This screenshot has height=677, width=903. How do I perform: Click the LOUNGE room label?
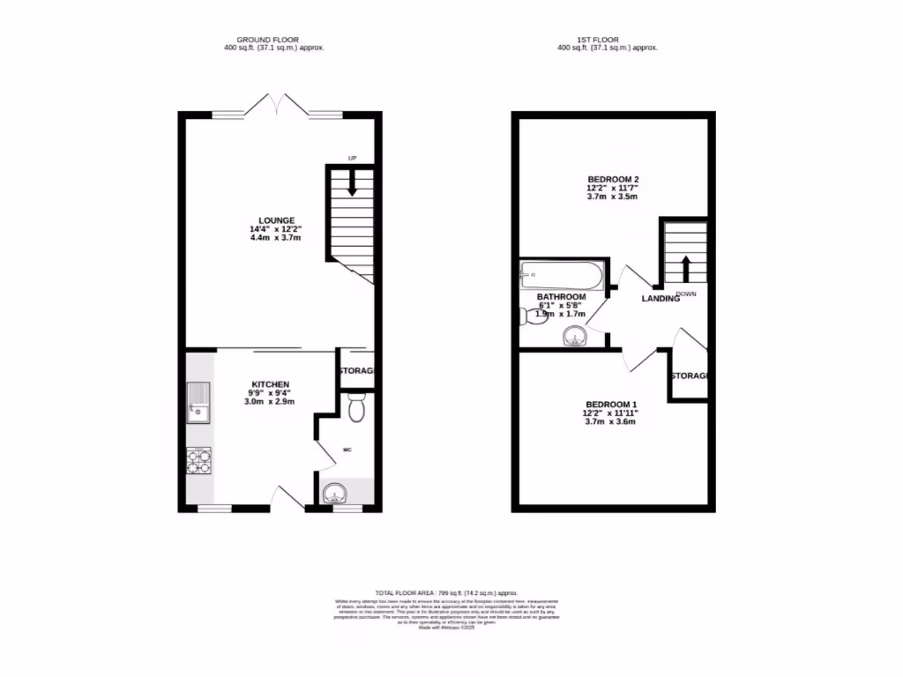[276, 220]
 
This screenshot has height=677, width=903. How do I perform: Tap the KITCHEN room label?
[271, 385]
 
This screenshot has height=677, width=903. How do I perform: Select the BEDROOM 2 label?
[613, 180]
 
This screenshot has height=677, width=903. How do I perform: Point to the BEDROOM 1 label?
[609, 405]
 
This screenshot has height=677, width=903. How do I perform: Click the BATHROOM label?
[561, 297]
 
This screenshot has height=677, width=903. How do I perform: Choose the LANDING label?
[660, 299]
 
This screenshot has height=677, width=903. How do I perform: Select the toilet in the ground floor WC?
[356, 408]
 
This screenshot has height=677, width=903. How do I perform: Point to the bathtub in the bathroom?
[562, 275]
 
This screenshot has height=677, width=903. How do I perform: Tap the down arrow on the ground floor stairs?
[352, 183]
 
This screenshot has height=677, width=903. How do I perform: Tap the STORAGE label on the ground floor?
[358, 371]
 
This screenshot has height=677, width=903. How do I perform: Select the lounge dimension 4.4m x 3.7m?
[276, 238]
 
